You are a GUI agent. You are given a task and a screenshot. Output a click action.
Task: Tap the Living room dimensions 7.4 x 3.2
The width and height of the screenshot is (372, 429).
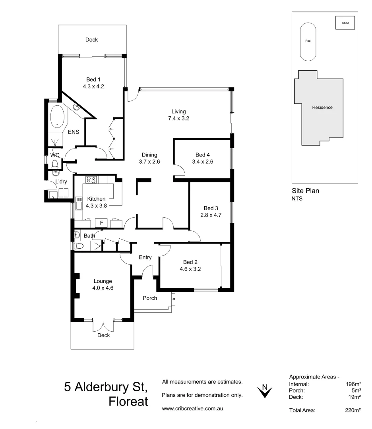(x=178, y=118)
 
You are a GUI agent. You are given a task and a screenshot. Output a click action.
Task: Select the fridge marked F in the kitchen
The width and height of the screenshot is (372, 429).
(x=101, y=223)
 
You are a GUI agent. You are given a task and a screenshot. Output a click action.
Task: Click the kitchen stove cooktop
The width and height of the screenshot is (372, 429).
(x=91, y=180)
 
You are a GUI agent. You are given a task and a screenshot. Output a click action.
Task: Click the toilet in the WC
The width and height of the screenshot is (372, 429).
(x=55, y=164)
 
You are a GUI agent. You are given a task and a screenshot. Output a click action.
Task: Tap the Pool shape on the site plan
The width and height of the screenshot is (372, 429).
(x=308, y=41)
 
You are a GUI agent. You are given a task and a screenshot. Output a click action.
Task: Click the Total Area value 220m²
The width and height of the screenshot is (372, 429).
(x=353, y=411)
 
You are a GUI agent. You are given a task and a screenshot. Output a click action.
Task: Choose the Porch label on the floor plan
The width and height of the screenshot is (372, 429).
(x=150, y=298)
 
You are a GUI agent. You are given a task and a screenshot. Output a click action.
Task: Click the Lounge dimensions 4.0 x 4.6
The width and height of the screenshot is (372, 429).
(x=103, y=288)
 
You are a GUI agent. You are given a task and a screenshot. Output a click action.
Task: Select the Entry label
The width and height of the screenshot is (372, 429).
(x=145, y=257)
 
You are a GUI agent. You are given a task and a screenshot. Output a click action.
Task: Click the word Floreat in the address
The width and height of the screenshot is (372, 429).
(x=128, y=401)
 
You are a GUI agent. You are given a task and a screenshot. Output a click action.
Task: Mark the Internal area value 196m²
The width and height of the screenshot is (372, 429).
(x=353, y=384)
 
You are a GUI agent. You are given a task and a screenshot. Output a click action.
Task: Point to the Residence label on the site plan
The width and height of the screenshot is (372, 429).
(x=322, y=107)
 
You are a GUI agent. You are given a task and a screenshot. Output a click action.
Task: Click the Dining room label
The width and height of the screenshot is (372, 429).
(x=149, y=155)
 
